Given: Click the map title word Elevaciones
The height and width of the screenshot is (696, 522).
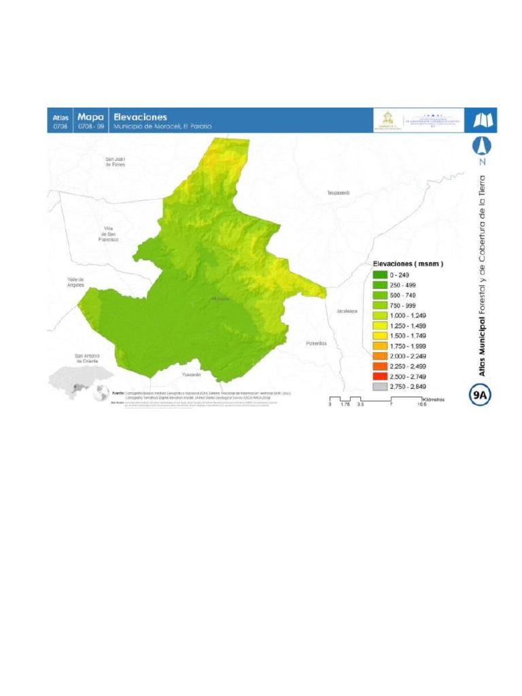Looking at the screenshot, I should (140, 116).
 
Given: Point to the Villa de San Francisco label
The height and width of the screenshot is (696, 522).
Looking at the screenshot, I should (108, 234).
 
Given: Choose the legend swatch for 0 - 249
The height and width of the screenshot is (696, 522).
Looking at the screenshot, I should (379, 275).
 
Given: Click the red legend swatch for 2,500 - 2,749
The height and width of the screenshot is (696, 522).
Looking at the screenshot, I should (379, 376).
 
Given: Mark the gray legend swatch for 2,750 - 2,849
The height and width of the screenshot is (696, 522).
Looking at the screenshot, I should (379, 386).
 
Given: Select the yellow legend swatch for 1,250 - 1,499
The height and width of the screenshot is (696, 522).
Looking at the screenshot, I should (379, 326).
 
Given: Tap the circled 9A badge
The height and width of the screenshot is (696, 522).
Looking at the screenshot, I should (482, 394).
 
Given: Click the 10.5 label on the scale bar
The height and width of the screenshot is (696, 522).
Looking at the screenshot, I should (421, 404).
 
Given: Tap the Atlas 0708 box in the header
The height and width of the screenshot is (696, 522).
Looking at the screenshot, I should (60, 120).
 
